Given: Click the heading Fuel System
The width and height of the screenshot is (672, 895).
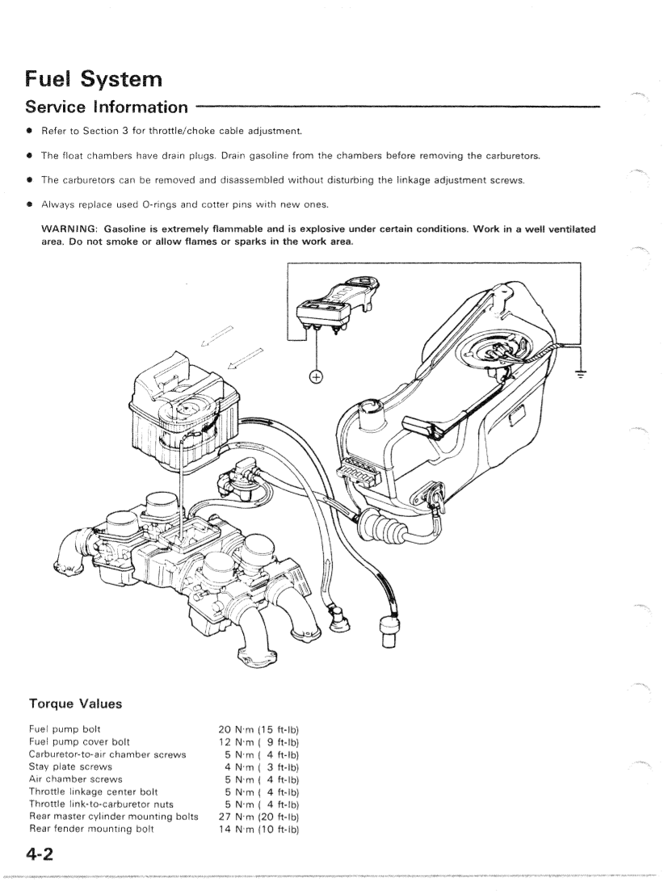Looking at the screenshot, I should pyautogui.click(x=94, y=79).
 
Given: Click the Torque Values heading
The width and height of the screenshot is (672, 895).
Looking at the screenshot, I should pyautogui.click(x=75, y=704).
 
